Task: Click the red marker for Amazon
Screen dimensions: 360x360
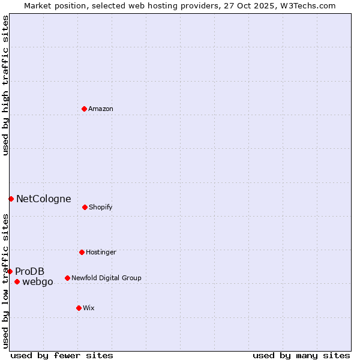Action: point(85,109)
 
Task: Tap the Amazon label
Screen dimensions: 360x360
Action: point(101,109)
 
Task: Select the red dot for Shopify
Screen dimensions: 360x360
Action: point(85,207)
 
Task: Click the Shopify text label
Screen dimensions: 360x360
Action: point(101,208)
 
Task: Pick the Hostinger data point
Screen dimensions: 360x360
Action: point(82,252)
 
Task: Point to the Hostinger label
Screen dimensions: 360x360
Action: point(101,253)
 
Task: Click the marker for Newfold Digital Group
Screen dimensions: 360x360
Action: point(67,278)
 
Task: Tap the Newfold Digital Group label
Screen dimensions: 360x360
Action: point(106,278)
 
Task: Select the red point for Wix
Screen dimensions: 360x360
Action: point(79,308)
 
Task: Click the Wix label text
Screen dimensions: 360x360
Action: point(89,308)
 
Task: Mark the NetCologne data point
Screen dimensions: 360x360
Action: point(11,199)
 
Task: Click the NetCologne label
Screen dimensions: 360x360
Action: point(43,199)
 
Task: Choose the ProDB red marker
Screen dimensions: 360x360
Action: point(10,271)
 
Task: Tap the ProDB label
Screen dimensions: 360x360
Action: point(29,272)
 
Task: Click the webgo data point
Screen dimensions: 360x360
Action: point(17,281)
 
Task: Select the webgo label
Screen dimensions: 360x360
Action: point(38,282)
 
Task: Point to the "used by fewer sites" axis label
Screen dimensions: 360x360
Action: point(62,355)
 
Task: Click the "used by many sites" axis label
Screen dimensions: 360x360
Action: point(301,355)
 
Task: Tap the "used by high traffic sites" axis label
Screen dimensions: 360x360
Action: point(5,85)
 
